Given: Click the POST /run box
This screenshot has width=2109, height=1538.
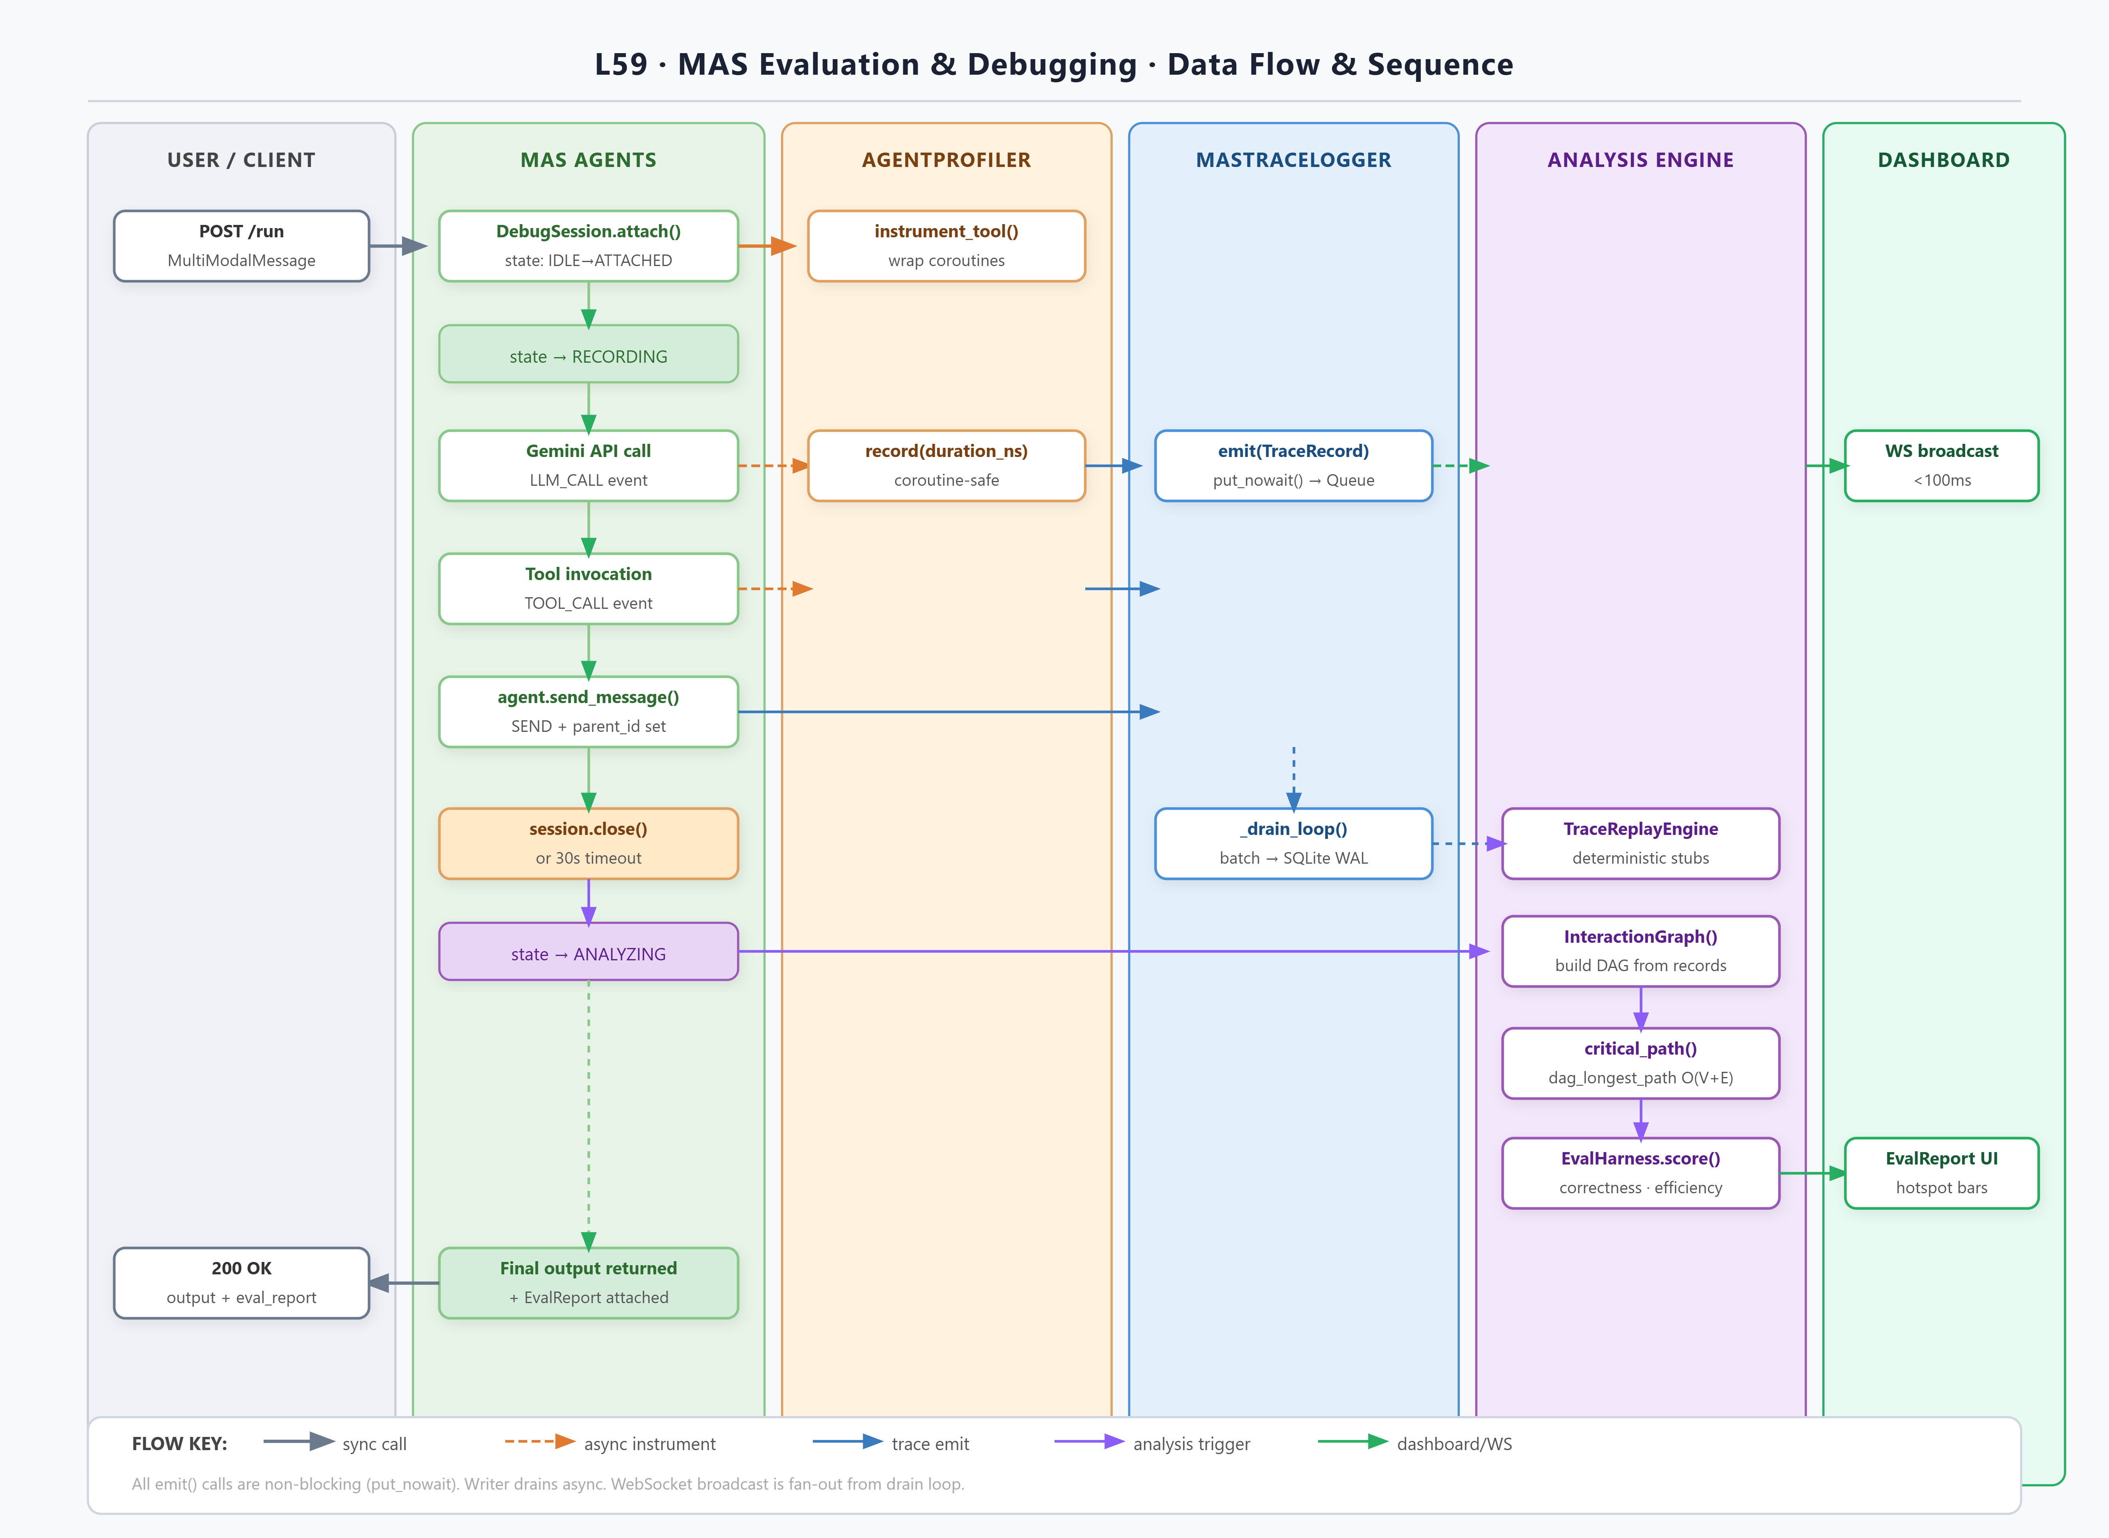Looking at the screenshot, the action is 241,246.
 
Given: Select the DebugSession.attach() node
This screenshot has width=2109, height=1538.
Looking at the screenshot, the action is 588,246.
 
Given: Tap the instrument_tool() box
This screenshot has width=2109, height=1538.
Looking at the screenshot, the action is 947,246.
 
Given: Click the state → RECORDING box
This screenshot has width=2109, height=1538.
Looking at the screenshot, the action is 588,354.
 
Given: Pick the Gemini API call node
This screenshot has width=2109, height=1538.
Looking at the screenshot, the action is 588,465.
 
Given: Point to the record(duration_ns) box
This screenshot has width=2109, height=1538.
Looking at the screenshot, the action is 947,465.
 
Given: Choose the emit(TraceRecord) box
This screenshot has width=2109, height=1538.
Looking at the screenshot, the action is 1294,465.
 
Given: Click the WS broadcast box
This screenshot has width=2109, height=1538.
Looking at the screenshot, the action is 1942,465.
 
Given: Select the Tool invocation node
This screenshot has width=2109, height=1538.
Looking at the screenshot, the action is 588,588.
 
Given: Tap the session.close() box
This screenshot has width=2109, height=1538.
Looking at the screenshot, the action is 588,843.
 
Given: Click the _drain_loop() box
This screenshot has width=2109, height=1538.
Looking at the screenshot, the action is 1294,843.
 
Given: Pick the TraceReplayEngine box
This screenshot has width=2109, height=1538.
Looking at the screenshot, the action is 1641,843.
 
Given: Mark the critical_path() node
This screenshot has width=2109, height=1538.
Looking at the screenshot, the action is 1641,1063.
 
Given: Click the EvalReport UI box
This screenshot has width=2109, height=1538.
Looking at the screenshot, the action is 1942,1173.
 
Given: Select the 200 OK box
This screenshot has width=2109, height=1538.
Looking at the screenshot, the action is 241,1283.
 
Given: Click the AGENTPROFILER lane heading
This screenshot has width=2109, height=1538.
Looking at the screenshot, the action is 947,160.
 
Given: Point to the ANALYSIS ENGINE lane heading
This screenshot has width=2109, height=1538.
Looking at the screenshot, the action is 1641,160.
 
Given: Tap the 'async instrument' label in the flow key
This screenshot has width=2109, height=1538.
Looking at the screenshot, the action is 649,1444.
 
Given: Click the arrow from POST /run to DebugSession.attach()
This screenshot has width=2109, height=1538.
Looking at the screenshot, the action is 398,246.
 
